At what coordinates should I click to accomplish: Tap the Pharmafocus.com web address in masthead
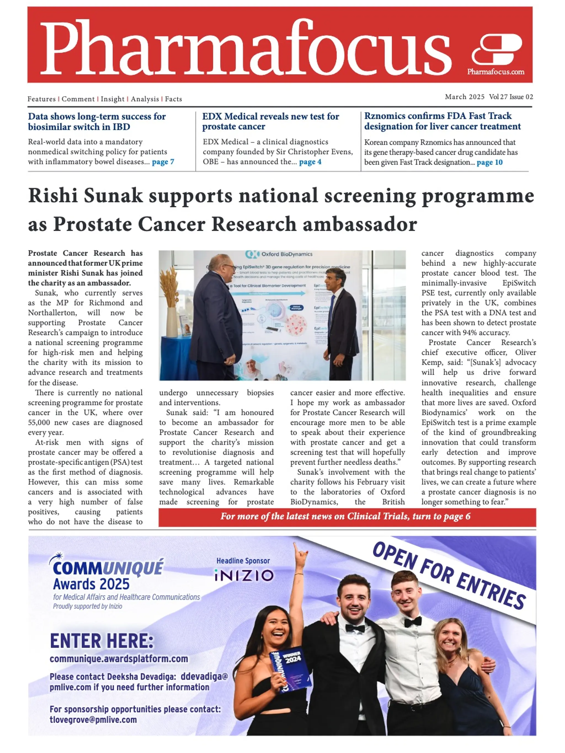point(495,72)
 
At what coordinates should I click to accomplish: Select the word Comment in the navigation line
point(78,99)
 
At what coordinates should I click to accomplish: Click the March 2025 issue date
point(464,97)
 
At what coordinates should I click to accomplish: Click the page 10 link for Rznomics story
point(489,162)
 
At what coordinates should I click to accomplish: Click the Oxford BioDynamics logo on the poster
point(279,254)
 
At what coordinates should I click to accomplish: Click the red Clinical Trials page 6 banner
point(347,517)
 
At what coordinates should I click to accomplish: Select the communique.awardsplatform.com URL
point(119,659)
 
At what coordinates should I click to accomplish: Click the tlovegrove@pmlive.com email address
point(93,720)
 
